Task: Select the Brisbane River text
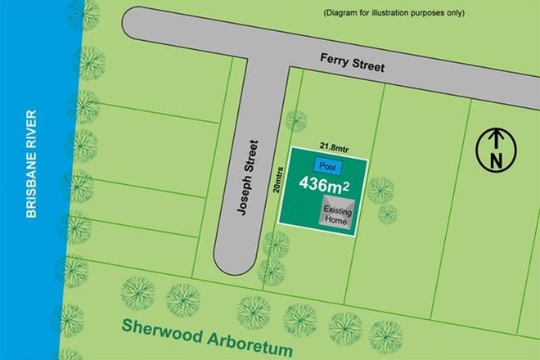click(x=32, y=163)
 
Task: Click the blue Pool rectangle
click(x=328, y=166)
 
